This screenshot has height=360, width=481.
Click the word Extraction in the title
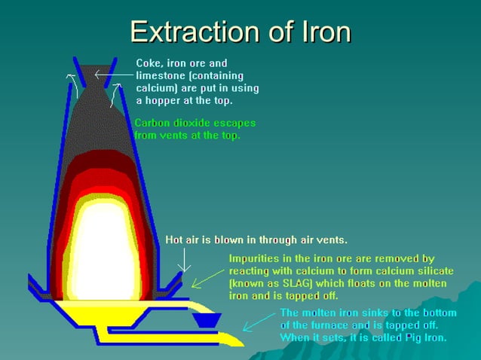pos(188,32)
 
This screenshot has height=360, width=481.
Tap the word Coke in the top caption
pos(151,63)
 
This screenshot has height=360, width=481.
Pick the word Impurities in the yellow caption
pos(256,258)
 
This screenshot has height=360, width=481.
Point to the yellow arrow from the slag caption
pos(207,276)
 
